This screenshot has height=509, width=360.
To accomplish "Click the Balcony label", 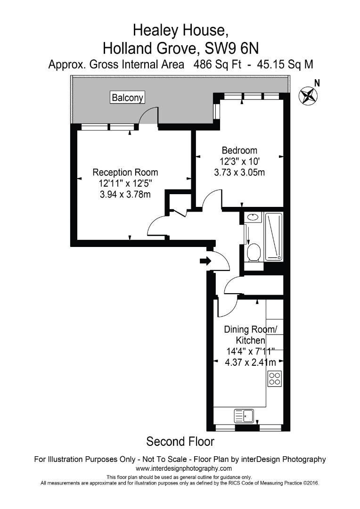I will [x=128, y=98].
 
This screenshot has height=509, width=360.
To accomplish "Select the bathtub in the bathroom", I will [x=274, y=237].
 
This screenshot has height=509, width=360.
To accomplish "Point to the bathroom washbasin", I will [x=254, y=217].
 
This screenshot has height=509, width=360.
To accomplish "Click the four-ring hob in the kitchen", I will [x=275, y=378].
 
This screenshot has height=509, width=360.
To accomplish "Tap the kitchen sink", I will [x=244, y=416].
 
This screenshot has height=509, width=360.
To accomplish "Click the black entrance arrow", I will [x=205, y=261].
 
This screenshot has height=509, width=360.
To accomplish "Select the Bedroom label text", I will [x=239, y=151].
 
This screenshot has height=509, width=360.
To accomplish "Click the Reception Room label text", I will [x=125, y=172].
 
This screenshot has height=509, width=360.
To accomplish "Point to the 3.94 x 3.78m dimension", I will [x=125, y=194].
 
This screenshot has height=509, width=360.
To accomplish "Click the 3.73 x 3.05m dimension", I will [x=239, y=172].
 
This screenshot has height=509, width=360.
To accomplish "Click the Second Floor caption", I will [x=180, y=442].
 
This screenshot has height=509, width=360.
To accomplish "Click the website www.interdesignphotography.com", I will [x=184, y=468].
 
